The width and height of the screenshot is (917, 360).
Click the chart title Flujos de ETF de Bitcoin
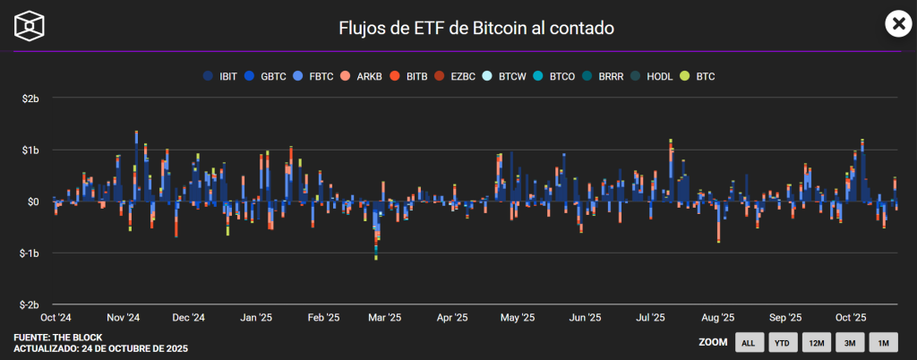(x=476, y=28)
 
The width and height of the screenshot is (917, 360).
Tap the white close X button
(x=897, y=24)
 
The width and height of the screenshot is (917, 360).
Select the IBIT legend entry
(x=221, y=77)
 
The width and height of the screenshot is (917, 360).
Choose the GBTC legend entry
(x=266, y=77)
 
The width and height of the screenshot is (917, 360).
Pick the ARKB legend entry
(x=361, y=77)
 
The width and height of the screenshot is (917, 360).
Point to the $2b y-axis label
(x=30, y=98)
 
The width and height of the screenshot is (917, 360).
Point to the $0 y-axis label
(x=33, y=201)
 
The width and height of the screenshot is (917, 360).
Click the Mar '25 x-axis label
(x=384, y=317)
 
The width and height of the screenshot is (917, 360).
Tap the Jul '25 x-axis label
(x=649, y=317)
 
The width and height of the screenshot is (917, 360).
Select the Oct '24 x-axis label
(x=56, y=317)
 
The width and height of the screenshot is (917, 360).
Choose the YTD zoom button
(x=782, y=342)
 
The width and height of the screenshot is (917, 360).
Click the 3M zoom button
(x=850, y=342)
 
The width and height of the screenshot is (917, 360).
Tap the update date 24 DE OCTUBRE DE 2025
(x=133, y=347)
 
